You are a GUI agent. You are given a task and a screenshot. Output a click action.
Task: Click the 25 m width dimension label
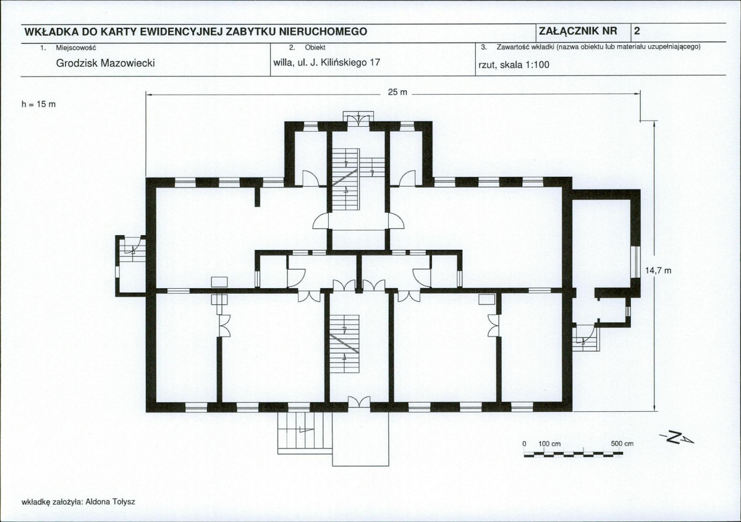(x=397, y=92)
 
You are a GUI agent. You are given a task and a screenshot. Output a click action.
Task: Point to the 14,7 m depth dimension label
(x=658, y=271)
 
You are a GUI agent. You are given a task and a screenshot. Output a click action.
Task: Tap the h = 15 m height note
(x=39, y=104)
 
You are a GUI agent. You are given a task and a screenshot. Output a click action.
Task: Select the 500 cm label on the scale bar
(x=622, y=444)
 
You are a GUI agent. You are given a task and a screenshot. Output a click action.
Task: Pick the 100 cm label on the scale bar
(x=549, y=444)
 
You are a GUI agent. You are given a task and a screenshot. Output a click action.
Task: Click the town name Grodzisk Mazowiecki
(x=106, y=63)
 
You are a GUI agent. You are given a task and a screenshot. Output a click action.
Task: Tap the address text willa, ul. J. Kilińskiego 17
(x=326, y=62)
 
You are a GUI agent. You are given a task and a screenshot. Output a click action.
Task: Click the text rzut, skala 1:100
(x=514, y=65)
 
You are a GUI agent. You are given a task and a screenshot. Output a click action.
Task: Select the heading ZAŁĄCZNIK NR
(x=577, y=31)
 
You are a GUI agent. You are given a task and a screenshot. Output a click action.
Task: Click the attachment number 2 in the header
(x=637, y=31)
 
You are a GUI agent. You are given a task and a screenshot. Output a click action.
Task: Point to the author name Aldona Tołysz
(x=109, y=502)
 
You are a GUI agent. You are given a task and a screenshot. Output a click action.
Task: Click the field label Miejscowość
(x=76, y=47)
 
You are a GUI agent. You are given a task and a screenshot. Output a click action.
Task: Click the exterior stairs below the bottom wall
(x=301, y=433)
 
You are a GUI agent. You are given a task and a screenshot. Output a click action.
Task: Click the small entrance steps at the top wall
(x=358, y=118)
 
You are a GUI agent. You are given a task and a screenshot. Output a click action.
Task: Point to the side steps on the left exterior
(x=131, y=265)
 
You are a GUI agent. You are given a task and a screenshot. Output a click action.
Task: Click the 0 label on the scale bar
(x=524, y=444)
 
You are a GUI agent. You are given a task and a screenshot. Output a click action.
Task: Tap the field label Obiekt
(x=315, y=47)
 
